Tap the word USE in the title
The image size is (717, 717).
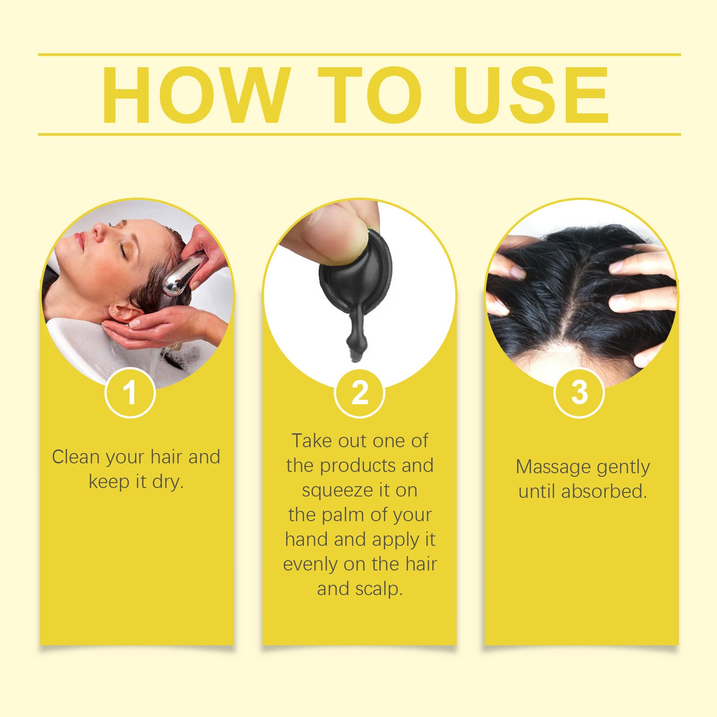click(531, 95)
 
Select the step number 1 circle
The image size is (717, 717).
click(130, 393)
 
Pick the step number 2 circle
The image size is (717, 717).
click(359, 393)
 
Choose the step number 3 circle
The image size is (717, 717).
click(579, 393)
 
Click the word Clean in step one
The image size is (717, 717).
click(75, 457)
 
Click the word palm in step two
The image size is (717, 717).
click(343, 515)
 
